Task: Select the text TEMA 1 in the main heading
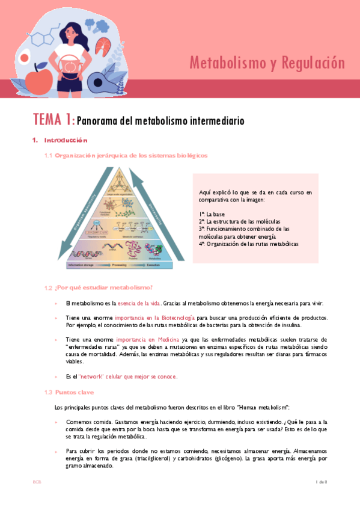coord(53,120)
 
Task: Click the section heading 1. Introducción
coord(60,141)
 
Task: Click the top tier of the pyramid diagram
coord(118,183)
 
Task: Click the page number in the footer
coord(320,482)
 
